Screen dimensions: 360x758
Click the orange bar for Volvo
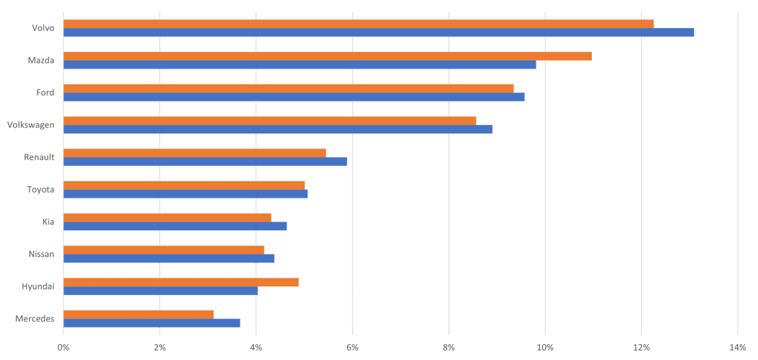[359, 24]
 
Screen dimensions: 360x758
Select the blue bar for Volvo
[379, 32]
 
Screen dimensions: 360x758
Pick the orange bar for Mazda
[328, 56]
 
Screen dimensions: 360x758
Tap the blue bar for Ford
[294, 97]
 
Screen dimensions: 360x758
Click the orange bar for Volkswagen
[270, 120]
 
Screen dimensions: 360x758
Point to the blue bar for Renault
[206, 162]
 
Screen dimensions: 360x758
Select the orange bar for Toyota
[184, 185]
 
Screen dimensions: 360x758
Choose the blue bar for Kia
[175, 227]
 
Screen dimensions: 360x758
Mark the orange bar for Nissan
[164, 250]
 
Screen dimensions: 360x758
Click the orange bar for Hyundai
[181, 282]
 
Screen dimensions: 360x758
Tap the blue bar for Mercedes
[152, 323]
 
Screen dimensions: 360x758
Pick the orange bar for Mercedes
[139, 314]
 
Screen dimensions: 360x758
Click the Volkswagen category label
[30, 125]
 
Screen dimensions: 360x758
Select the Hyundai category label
[38, 286]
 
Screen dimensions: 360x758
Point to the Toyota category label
[40, 189]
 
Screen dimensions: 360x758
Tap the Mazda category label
[40, 61]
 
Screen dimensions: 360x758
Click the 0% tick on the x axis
[64, 348]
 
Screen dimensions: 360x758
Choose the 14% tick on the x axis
[738, 348]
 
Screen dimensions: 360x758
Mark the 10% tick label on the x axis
[545, 348]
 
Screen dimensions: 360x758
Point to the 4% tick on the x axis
[256, 348]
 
